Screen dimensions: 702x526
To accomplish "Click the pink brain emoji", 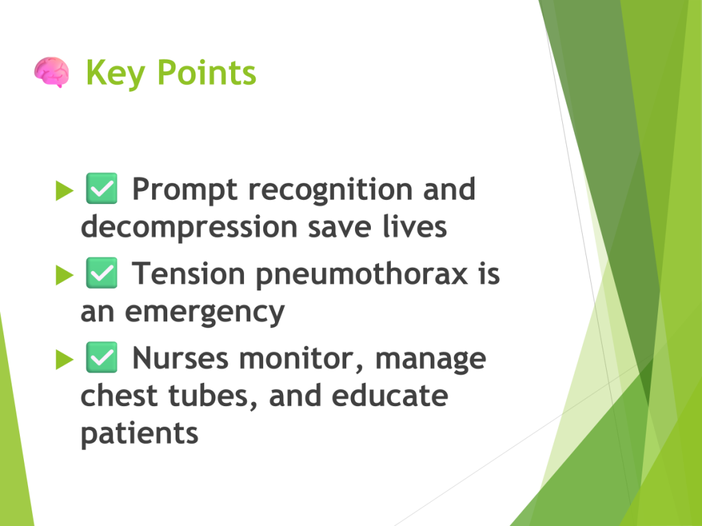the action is [51, 72].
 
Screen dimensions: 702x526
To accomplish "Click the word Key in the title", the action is [115, 73].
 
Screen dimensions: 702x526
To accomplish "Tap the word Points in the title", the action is [206, 72].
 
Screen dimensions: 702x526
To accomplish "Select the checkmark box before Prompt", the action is [101, 188].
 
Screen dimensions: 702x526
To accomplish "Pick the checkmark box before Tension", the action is [101, 273].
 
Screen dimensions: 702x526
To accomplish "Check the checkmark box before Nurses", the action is [101, 358].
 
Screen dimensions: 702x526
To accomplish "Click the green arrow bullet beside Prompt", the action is [64, 190].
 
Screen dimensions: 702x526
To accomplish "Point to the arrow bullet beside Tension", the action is [64, 275].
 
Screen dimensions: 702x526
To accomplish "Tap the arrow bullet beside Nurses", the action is [64, 359].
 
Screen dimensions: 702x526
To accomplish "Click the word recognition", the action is [330, 190].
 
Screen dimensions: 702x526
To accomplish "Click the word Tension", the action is [188, 273].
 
